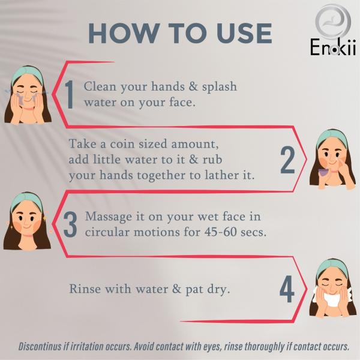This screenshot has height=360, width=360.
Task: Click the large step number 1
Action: coord(69,95)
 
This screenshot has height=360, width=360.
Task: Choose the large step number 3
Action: coord(70,224)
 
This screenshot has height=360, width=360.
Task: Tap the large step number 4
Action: coord(287,289)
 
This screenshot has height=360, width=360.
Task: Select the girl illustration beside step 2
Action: coord(332,159)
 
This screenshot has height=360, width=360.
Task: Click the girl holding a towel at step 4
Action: coord(332,289)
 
